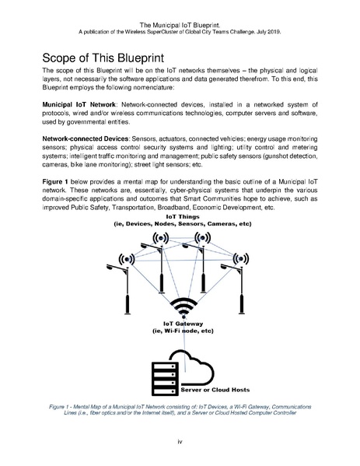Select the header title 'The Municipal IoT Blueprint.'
click(x=180, y=5)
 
